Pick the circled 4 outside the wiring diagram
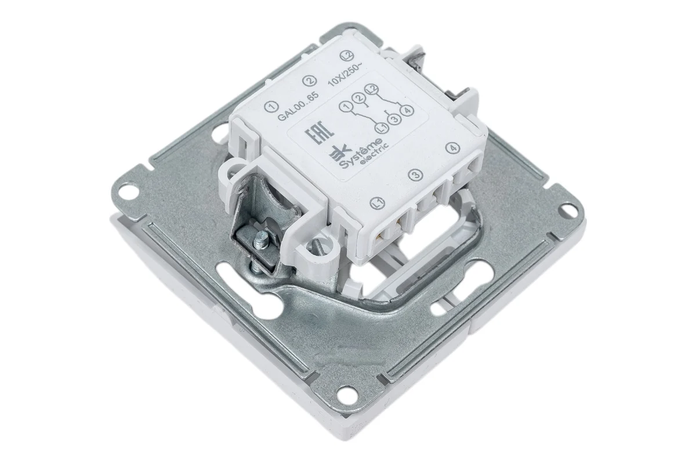[x=452, y=148]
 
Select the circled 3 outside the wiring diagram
[x=416, y=175]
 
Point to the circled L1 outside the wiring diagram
[x=378, y=203]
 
